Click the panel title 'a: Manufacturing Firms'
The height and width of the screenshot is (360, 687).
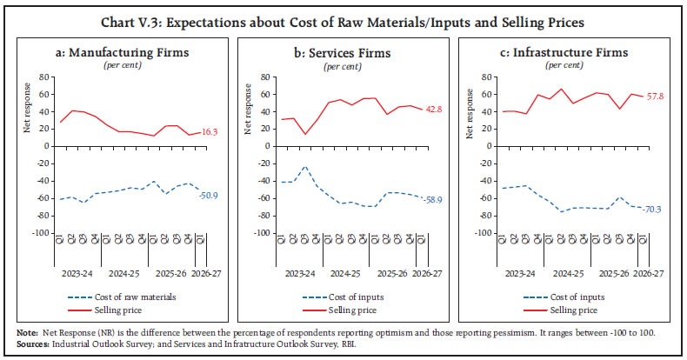[128, 53]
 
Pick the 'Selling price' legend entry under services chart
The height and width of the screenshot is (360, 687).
[353, 310]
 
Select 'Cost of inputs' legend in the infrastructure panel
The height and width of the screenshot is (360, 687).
[574, 297]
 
